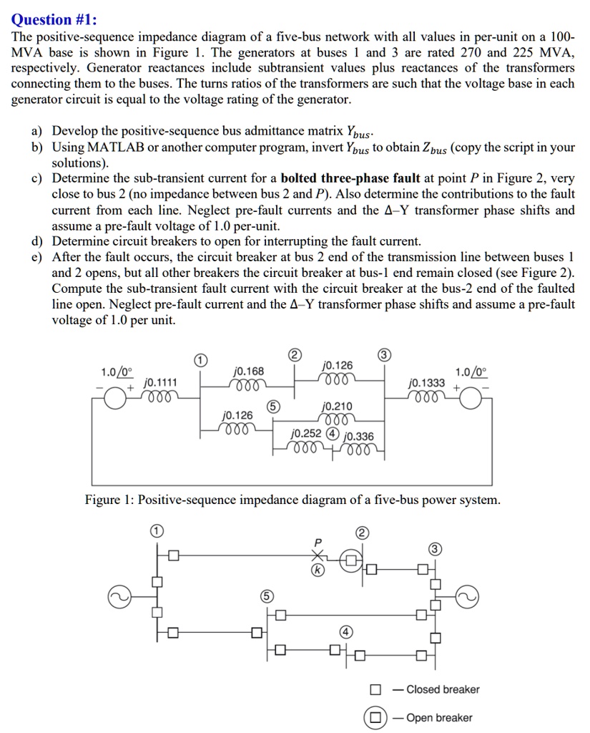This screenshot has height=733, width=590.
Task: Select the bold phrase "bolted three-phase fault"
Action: (350, 179)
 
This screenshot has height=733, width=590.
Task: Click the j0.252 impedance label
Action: (306, 434)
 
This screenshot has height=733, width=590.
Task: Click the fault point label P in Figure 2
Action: (319, 540)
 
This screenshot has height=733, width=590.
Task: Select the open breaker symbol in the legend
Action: (375, 717)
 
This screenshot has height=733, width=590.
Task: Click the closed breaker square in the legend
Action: (375, 689)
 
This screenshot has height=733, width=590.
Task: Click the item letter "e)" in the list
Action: (36, 257)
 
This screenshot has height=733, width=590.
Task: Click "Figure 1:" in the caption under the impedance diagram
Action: (109, 500)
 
